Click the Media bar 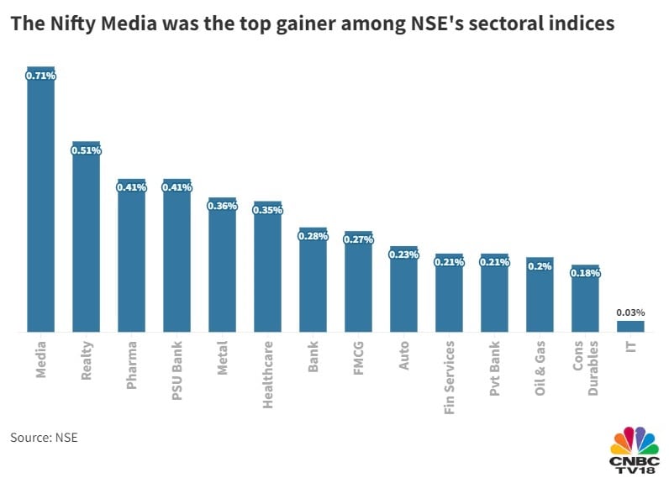pos(40,202)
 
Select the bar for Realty pos(86,239)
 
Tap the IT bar pos(630,326)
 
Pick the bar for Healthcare pos(267,269)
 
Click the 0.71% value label pos(40,76)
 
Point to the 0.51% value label pos(86,151)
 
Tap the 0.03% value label pos(630,312)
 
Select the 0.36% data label pos(222,207)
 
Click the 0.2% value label pos(540,266)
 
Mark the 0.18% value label pos(585,273)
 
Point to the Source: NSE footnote pos(44,437)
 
